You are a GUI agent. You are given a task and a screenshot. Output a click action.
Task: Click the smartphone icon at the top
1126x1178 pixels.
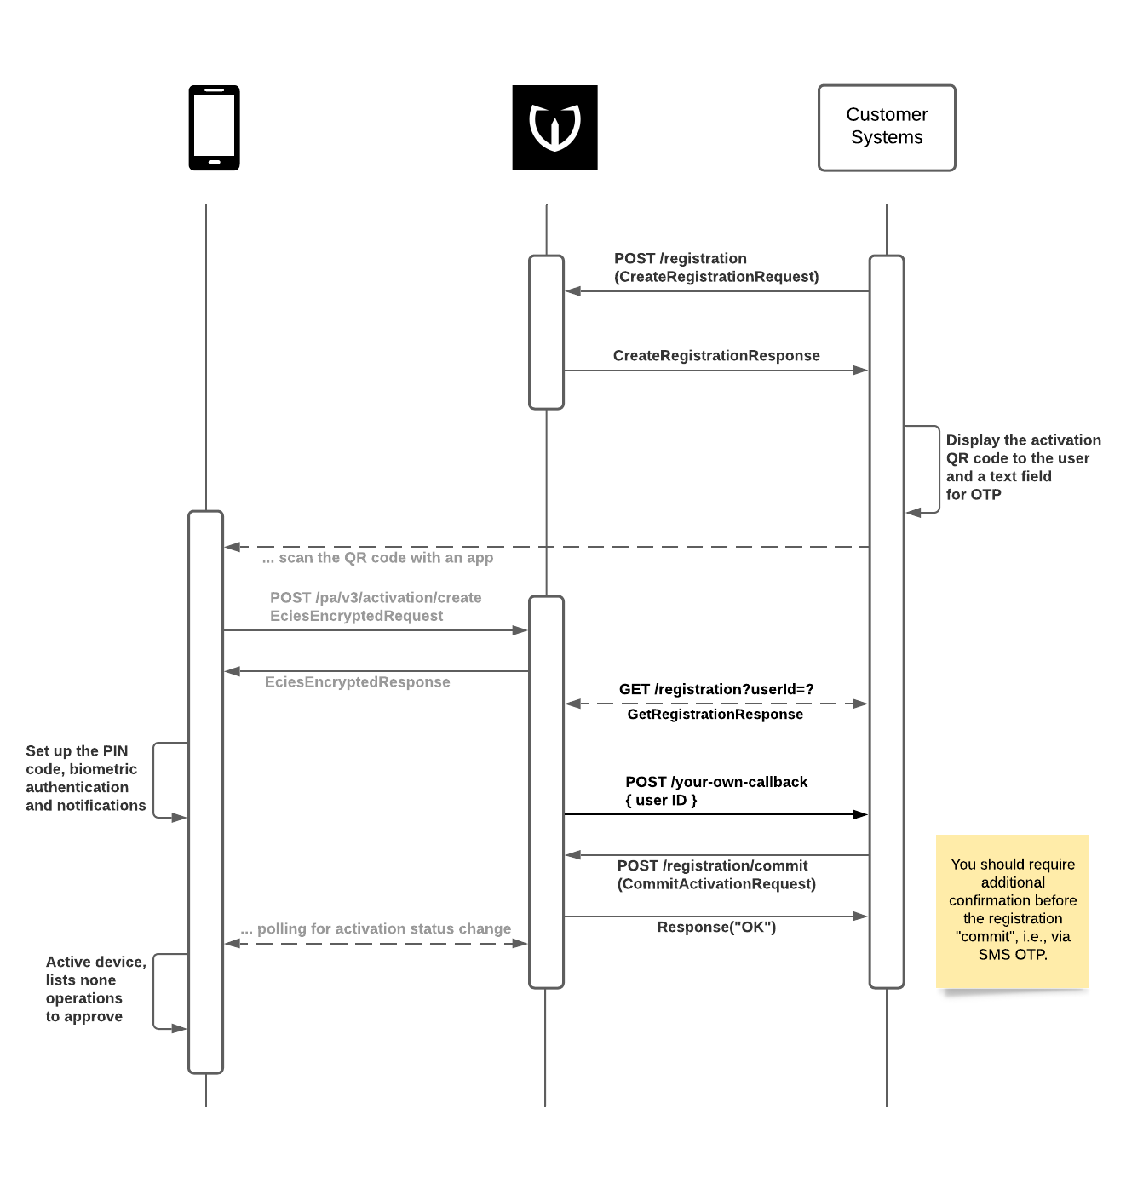click(x=214, y=128)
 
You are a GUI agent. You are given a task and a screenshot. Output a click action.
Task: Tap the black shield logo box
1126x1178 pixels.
click(x=554, y=128)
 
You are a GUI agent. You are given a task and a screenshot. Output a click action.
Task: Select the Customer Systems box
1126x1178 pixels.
click(x=887, y=128)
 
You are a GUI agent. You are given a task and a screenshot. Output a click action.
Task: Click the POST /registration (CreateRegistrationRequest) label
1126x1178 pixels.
click(x=715, y=267)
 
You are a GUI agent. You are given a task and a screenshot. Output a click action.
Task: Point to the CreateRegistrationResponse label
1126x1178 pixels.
click(x=716, y=356)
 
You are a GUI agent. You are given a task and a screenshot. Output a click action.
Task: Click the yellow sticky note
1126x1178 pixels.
click(x=1013, y=910)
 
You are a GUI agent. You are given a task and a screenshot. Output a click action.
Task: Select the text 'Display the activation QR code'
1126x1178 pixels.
click(x=1023, y=449)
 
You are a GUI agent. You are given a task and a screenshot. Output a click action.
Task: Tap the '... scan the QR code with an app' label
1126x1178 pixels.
click(x=377, y=558)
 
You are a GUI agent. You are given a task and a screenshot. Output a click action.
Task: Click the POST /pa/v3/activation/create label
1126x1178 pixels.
click(x=376, y=598)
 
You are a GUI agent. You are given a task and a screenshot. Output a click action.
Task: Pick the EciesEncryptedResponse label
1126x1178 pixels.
click(x=357, y=682)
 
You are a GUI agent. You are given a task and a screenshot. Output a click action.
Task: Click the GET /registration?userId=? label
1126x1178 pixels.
click(x=716, y=689)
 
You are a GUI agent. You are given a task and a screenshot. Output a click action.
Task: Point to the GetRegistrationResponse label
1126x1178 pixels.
click(x=715, y=715)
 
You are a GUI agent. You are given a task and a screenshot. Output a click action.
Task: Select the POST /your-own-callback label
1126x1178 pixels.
click(x=716, y=782)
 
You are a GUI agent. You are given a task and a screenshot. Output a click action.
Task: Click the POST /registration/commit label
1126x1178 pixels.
click(x=713, y=865)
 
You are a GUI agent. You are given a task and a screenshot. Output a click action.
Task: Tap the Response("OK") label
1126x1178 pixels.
click(x=716, y=928)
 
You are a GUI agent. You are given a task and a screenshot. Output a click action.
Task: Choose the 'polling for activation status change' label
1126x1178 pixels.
click(x=376, y=929)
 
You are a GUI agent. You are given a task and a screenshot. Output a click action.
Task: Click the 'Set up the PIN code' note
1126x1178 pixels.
click(x=85, y=779)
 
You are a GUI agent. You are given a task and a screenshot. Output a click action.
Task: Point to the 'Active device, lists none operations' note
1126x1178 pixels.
click(x=95, y=989)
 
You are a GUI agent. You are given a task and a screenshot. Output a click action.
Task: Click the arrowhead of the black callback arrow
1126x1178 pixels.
click(x=860, y=814)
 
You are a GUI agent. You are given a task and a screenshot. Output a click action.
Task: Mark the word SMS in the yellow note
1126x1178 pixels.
click(x=994, y=955)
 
